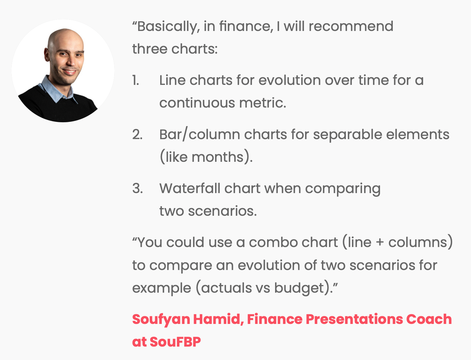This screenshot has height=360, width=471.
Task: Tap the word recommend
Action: pos(351,26)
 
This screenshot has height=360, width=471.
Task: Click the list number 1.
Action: pos(136,80)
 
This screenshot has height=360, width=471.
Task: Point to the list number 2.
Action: pos(137,135)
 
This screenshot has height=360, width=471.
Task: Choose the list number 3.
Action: pos(138,189)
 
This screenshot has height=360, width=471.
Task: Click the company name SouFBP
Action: pos(175,342)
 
